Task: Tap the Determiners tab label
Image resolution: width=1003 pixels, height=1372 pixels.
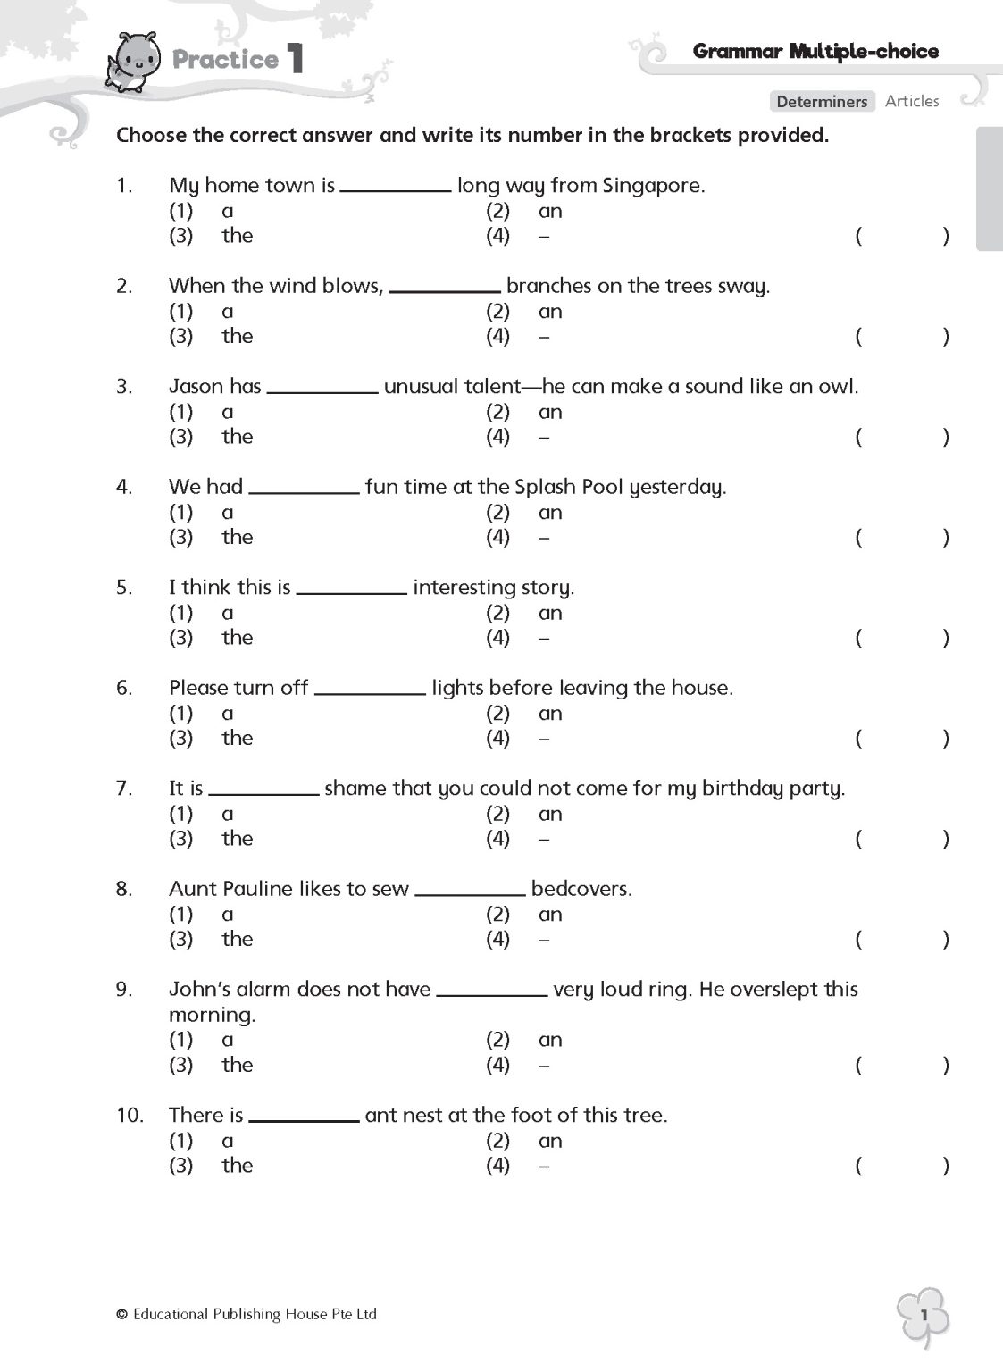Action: [822, 102]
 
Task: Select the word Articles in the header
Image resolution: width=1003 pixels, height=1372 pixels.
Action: [912, 102]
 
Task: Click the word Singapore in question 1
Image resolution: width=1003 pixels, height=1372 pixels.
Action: [654, 186]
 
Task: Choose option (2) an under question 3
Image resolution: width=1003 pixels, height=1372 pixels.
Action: [550, 412]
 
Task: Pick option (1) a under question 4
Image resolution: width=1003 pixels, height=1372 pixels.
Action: [227, 513]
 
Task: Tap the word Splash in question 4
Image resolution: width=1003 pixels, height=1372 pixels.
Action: [545, 487]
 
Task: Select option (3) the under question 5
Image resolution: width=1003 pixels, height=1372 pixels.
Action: [237, 638]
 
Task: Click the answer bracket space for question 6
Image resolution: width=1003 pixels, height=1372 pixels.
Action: [901, 739]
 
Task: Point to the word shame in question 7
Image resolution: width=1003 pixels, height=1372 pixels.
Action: [356, 789]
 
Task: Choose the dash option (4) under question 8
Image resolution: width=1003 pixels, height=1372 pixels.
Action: [544, 940]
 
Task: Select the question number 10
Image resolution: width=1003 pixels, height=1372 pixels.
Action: [130, 1116]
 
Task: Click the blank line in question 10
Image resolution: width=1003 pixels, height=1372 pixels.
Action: [304, 1119]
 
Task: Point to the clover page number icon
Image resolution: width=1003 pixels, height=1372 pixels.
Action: [924, 1317]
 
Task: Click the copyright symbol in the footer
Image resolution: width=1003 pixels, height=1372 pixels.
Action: [122, 1314]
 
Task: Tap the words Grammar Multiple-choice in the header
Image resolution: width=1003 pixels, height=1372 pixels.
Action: [815, 52]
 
